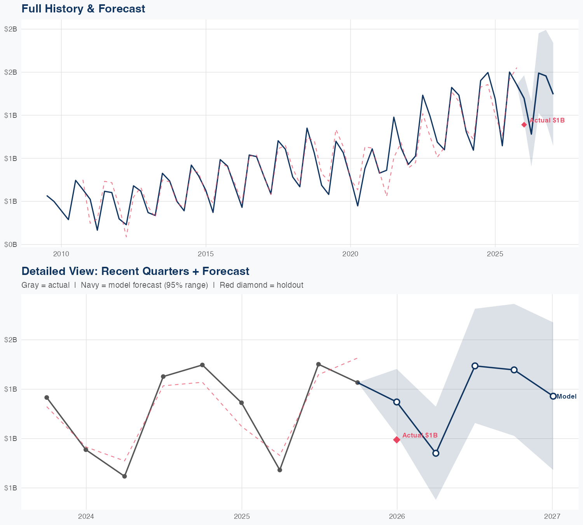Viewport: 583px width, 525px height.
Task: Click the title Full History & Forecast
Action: [x=83, y=9]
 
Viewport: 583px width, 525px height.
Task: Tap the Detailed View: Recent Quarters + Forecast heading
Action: [x=135, y=271]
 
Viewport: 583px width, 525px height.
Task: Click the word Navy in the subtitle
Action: [x=89, y=285]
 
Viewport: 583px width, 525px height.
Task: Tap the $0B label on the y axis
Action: [x=10, y=244]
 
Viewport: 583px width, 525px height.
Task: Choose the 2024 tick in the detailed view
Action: [x=86, y=516]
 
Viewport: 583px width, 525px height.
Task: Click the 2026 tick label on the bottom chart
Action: [x=397, y=516]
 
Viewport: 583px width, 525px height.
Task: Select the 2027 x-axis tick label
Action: [x=552, y=516]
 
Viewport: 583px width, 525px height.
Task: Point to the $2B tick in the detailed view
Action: [x=10, y=339]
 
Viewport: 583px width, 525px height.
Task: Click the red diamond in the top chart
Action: [x=524, y=124]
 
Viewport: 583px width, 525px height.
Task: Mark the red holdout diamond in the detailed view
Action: [x=397, y=439]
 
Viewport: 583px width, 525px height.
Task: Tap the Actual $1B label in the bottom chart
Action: [x=420, y=435]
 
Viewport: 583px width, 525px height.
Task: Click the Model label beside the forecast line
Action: [x=566, y=397]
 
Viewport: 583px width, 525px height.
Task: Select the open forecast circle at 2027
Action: [x=553, y=396]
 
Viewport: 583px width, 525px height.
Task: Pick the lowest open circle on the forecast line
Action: [x=436, y=453]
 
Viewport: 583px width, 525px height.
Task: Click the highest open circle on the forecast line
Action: [x=475, y=366]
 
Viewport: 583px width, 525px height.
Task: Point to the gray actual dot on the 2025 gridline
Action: [x=241, y=402]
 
